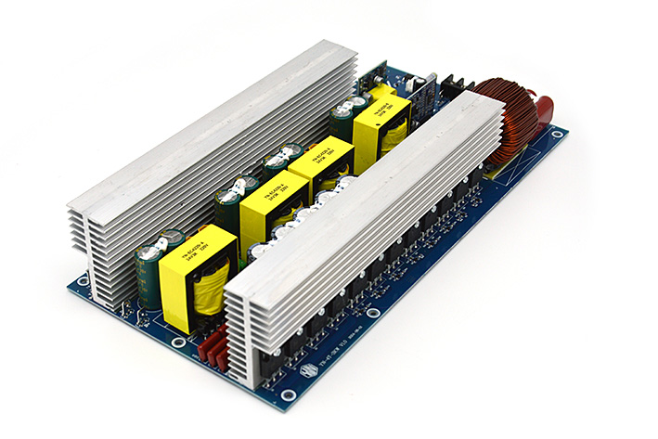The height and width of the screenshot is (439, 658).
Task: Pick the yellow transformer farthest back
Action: click(x=382, y=119)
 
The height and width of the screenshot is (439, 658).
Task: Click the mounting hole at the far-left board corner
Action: click(x=84, y=278)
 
